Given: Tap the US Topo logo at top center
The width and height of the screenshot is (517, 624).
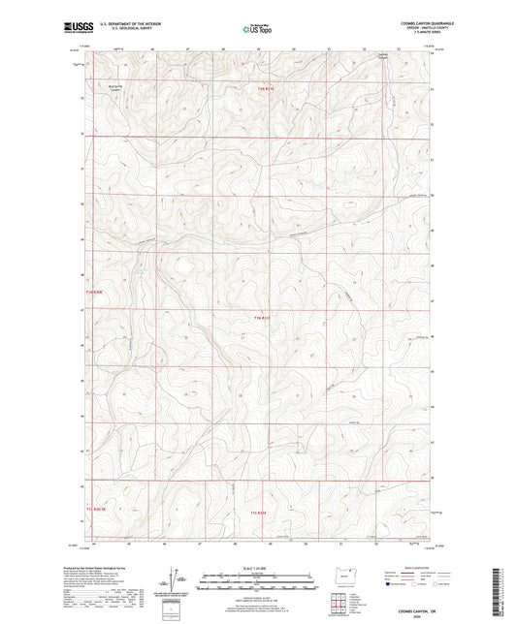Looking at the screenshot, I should (258, 29).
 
